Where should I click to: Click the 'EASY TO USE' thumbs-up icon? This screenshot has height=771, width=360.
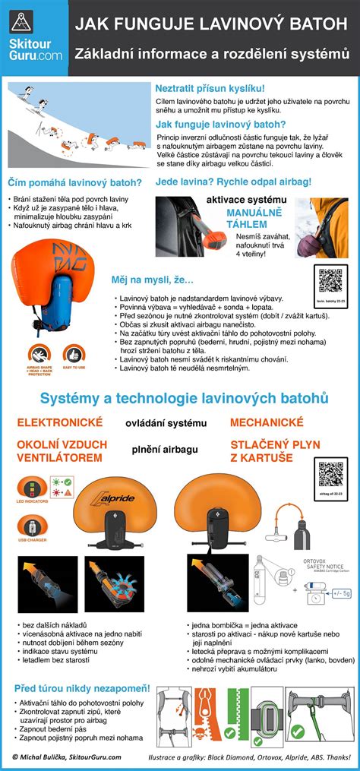click(x=74, y=355)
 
